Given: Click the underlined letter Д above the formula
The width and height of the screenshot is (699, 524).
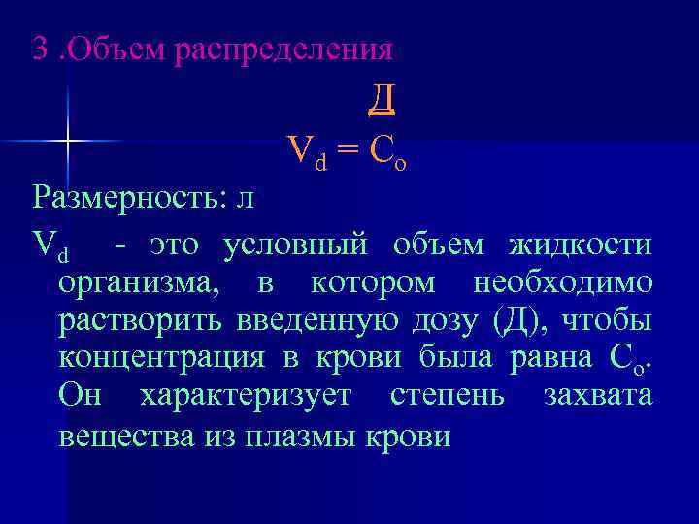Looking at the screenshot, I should point(382,98).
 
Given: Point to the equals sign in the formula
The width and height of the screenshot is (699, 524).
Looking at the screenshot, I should point(349,149).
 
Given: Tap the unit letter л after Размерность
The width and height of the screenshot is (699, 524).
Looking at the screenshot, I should point(244,199).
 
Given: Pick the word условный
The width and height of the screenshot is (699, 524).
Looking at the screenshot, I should point(295,246).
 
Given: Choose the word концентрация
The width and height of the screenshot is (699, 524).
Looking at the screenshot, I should point(161,358).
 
